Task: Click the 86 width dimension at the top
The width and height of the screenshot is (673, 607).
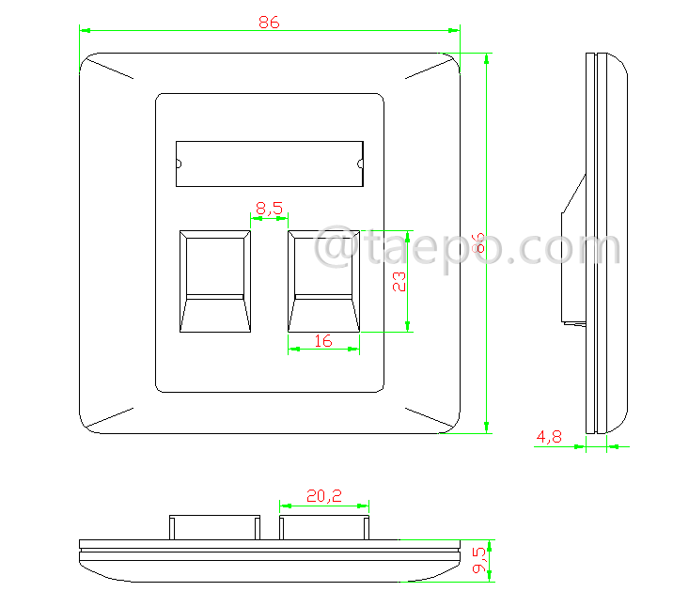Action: [269, 23]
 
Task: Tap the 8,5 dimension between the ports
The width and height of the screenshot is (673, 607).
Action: [268, 210]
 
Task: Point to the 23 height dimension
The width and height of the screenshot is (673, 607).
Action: [399, 281]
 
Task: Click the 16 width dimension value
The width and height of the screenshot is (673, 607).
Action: [323, 341]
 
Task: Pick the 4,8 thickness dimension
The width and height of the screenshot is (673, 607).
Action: [550, 436]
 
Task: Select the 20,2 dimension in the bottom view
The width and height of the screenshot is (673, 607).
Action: [323, 495]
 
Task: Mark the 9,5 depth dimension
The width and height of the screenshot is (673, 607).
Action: [478, 560]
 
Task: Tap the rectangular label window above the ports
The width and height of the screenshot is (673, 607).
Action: [269, 164]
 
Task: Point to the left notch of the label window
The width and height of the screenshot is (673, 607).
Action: [179, 164]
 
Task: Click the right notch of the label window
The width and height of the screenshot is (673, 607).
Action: [360, 164]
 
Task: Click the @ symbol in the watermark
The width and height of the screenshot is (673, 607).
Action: [336, 249]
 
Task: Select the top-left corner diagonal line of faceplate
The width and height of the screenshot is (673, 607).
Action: [112, 70]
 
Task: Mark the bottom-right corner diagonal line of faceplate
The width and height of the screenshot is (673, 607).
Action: [428, 417]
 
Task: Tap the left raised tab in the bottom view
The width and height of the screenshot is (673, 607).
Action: [215, 527]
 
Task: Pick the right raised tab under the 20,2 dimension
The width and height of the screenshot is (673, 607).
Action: [324, 527]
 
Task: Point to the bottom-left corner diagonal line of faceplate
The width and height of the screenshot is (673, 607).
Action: [111, 417]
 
